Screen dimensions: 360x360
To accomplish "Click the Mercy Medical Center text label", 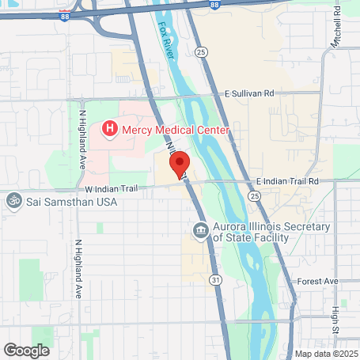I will tap(175, 129).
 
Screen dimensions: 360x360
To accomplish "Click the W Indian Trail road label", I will tap(114, 189).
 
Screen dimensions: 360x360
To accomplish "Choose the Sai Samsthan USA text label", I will tap(70, 202).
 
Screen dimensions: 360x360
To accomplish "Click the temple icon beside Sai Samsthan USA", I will tap(13, 201).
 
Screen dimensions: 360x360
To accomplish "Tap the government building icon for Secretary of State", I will tap(199, 232).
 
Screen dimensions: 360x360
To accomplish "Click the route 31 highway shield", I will tap(215, 279).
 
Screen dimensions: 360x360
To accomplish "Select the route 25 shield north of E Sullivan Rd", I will tap(203, 51).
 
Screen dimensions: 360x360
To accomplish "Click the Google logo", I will tap(26, 350).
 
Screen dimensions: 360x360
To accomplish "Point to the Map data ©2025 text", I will tap(325, 354).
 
